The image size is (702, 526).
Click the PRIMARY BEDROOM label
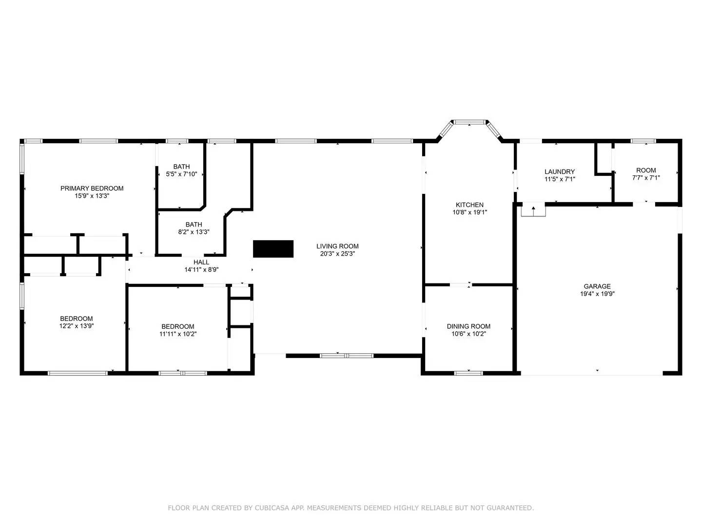92,188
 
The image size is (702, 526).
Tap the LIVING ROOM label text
337,246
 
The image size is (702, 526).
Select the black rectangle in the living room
273,249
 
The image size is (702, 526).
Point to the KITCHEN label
469,205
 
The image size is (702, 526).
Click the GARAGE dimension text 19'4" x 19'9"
597,294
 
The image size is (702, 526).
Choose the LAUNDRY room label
560,171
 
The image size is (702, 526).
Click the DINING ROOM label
468,326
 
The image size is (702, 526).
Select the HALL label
201,262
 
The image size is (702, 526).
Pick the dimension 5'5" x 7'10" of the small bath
181,174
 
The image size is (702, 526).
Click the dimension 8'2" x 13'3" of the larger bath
194,232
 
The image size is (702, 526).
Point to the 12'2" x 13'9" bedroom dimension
77,326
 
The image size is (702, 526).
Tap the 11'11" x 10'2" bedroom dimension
178,334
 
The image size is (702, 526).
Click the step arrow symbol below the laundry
533,211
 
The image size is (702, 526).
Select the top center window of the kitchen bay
469,122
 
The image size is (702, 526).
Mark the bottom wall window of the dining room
468,373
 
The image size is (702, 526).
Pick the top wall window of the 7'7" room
643,141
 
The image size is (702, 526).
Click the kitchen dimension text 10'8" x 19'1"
469,212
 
